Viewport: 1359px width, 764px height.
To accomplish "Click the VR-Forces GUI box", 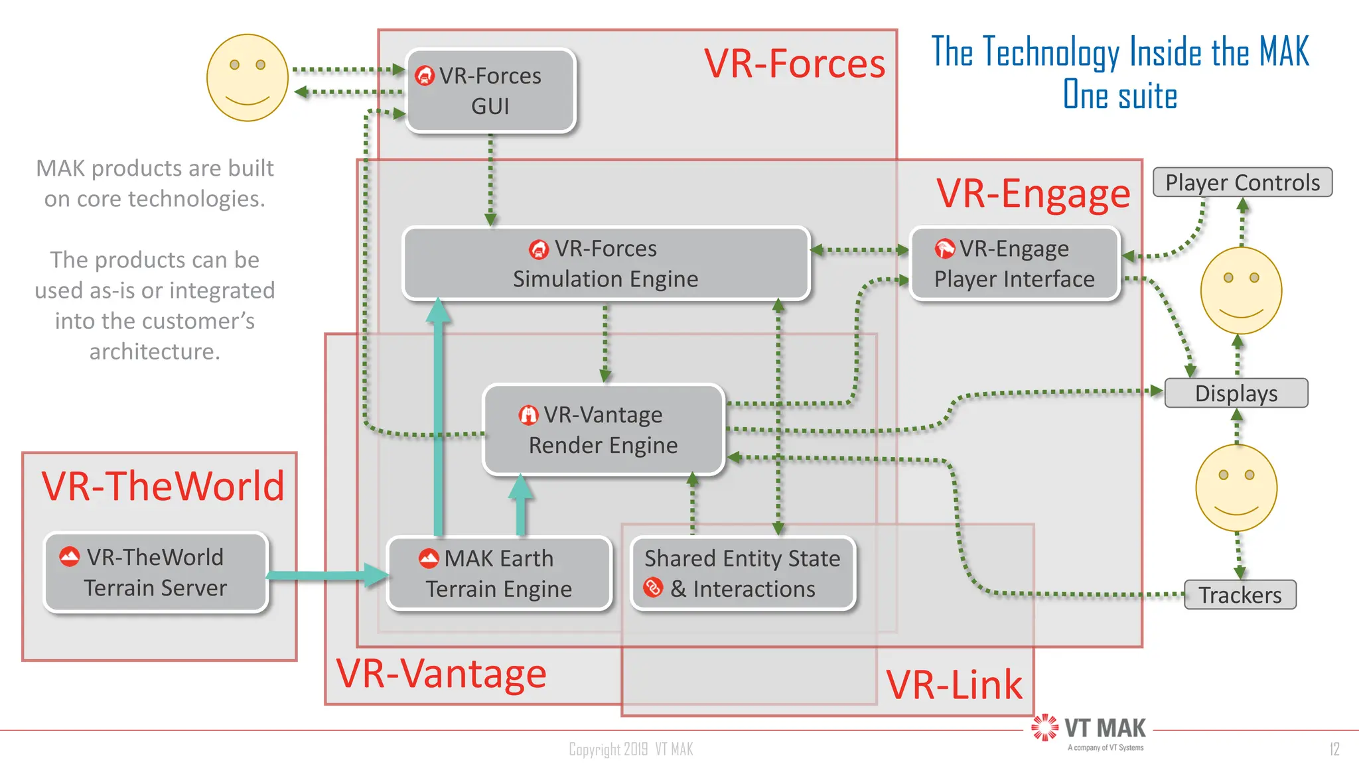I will (x=490, y=91).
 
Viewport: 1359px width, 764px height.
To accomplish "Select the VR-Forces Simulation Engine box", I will (x=605, y=264).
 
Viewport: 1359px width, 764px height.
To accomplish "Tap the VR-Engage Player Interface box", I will (x=1014, y=264).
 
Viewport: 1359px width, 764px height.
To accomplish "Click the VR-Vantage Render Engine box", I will (x=603, y=430).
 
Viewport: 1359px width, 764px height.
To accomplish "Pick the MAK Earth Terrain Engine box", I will (x=498, y=574).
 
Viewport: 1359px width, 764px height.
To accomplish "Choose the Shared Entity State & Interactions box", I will (x=742, y=574).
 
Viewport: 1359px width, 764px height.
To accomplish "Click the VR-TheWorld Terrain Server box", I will (x=155, y=572).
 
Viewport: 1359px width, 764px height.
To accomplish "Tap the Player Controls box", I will (x=1242, y=182).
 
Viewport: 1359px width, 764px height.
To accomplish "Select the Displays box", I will (x=1236, y=393).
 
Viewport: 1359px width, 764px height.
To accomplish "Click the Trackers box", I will (x=1240, y=595).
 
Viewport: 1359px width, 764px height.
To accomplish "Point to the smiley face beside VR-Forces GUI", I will (x=247, y=78).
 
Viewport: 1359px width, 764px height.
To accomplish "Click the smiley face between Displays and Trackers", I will (x=1236, y=488).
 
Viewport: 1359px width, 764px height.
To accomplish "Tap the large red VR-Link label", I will (x=954, y=684).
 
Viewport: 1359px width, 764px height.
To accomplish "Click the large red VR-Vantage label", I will (x=441, y=673).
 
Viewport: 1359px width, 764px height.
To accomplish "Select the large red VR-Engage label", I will (x=1033, y=194).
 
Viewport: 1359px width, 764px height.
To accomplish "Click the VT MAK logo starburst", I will (x=1045, y=728).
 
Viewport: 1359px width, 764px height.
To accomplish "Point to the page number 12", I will (x=1334, y=749).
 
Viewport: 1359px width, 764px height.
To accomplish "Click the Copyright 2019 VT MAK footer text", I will (x=630, y=749).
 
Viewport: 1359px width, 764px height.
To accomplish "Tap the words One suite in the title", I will (x=1120, y=95).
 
